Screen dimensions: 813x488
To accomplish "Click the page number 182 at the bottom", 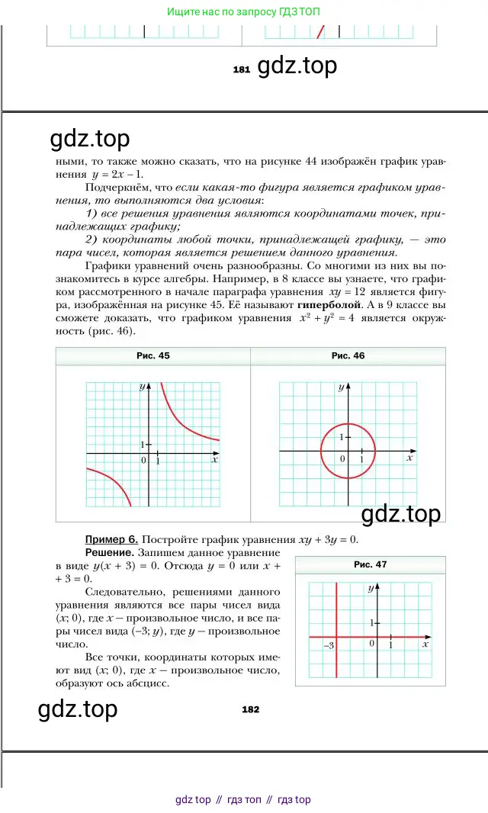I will click(250, 709).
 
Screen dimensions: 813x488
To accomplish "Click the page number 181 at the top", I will click(242, 69).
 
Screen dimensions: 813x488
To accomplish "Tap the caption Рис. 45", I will click(153, 356).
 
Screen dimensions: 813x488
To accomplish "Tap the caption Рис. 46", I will click(348, 356).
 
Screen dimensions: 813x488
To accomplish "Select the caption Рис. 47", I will click(371, 564).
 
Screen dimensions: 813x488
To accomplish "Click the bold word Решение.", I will click(110, 551).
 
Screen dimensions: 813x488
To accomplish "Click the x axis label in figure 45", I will click(215, 459).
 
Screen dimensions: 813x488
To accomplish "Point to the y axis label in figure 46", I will click(340, 388).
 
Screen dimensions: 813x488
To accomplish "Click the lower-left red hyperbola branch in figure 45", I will click(115, 484).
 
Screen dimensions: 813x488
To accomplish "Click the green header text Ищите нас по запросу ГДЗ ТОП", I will click(243, 11).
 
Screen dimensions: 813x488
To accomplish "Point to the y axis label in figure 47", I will click(370, 588).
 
